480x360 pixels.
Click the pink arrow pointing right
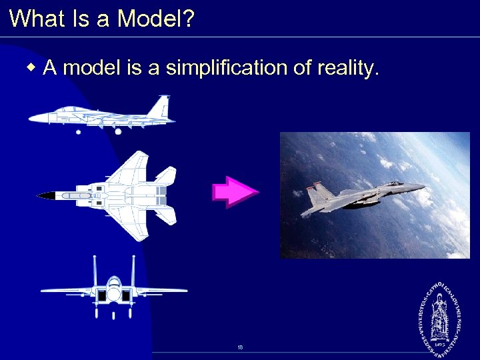[x=235, y=193]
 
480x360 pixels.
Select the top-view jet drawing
[x=110, y=195]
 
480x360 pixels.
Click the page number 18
[x=240, y=348]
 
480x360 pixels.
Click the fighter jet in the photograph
[x=360, y=197]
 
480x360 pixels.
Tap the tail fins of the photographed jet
[x=315, y=194]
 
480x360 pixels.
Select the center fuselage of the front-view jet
[x=114, y=293]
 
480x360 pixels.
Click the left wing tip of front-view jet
[x=44, y=291]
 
